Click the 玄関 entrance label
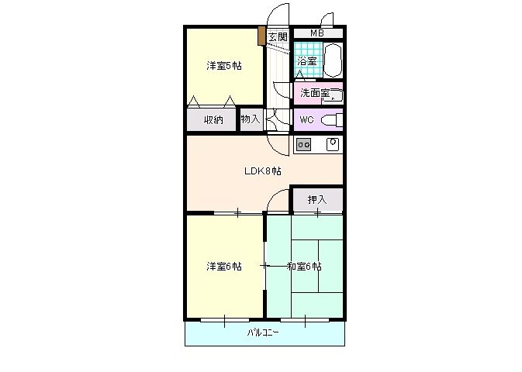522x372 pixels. pyautogui.click(x=278, y=37)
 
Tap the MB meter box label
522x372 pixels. pyautogui.click(x=317, y=33)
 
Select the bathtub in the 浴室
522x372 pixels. pyautogui.click(x=332, y=60)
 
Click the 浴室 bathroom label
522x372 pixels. pyautogui.click(x=306, y=61)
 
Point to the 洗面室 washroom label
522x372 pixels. pyautogui.click(x=315, y=93)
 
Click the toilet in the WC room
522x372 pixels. pyautogui.click(x=332, y=120)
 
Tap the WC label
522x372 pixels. pyautogui.click(x=306, y=120)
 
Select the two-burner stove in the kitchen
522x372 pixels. pyautogui.click(x=303, y=145)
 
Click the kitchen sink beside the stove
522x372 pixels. pyautogui.click(x=333, y=144)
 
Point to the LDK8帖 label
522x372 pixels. pyautogui.click(x=263, y=171)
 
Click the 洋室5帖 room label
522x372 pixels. pyautogui.click(x=223, y=66)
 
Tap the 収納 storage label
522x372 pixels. pyautogui.click(x=213, y=120)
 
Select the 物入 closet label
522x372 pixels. pyautogui.click(x=251, y=119)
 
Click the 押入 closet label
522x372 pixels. pyautogui.click(x=317, y=200)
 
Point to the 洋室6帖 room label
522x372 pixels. pyautogui.click(x=223, y=267)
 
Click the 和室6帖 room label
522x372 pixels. pyautogui.click(x=304, y=267)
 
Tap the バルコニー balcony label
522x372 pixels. pyautogui.click(x=263, y=332)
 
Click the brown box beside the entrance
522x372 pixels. pyautogui.click(x=262, y=36)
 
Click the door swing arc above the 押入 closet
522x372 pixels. pyautogui.click(x=274, y=195)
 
